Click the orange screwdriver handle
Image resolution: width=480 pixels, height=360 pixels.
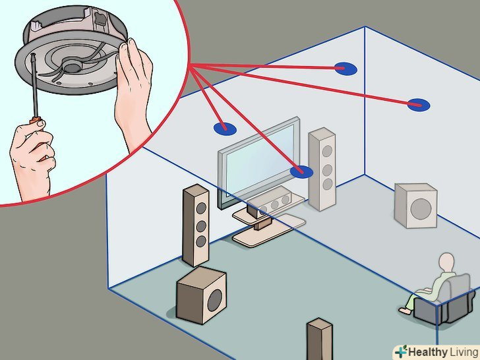[x=36, y=120]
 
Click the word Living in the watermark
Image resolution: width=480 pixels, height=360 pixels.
[x=464, y=351]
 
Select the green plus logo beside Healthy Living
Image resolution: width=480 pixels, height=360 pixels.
[x=401, y=351]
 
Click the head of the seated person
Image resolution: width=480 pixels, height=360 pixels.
[x=446, y=262]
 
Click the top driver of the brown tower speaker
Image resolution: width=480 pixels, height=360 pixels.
[x=201, y=208]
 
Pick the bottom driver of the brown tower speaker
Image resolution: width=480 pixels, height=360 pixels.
[x=201, y=241]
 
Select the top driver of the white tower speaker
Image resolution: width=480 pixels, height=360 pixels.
[x=327, y=151]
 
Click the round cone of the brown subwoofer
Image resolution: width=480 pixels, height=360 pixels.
[x=215, y=301]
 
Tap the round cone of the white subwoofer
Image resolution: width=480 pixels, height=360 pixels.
[x=421, y=209]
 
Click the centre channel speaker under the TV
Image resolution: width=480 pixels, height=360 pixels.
[x=270, y=202]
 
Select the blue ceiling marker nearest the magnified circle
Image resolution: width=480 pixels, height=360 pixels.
[x=225, y=129]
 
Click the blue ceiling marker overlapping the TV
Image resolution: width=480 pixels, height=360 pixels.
[x=301, y=171]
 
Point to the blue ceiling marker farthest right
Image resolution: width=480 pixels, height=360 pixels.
[x=419, y=105]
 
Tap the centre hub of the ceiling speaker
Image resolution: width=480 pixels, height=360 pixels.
[x=72, y=65]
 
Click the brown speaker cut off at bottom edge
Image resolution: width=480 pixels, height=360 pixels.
[x=320, y=339]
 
